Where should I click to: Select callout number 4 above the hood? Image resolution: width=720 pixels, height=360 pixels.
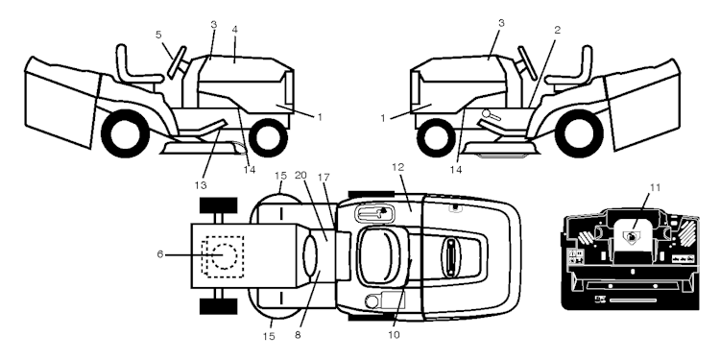point(233,31)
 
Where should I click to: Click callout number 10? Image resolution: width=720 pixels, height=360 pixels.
point(393,335)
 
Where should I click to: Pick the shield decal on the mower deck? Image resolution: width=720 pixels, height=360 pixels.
point(632,236)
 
